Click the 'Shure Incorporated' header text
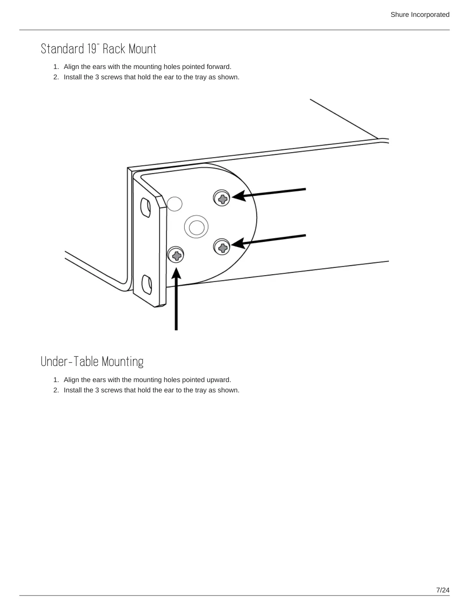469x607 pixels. point(420,15)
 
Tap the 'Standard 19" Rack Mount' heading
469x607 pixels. point(98,49)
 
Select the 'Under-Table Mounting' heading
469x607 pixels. point(92,362)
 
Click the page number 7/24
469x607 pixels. point(443,590)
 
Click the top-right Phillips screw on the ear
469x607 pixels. point(222,198)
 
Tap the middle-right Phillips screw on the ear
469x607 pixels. point(222,247)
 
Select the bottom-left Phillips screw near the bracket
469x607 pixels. point(176,254)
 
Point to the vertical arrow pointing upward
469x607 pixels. point(176,299)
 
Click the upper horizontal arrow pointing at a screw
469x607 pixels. point(268,193)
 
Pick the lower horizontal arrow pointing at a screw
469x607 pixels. point(268,240)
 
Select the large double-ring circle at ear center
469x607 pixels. point(196,227)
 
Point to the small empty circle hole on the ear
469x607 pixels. point(175,204)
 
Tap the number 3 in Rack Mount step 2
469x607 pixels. point(97,77)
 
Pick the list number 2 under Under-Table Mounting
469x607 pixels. point(56,390)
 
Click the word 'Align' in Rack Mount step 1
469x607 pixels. point(71,67)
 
